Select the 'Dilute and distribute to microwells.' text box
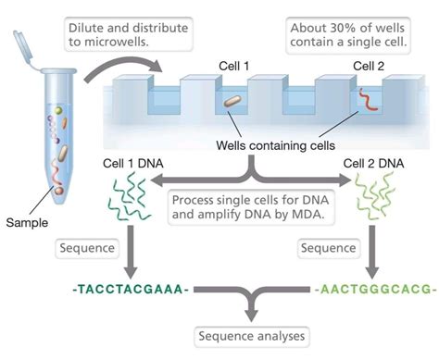(129, 35)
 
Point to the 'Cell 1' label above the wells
(231, 66)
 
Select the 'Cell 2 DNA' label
(375, 164)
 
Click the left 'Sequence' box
(87, 249)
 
